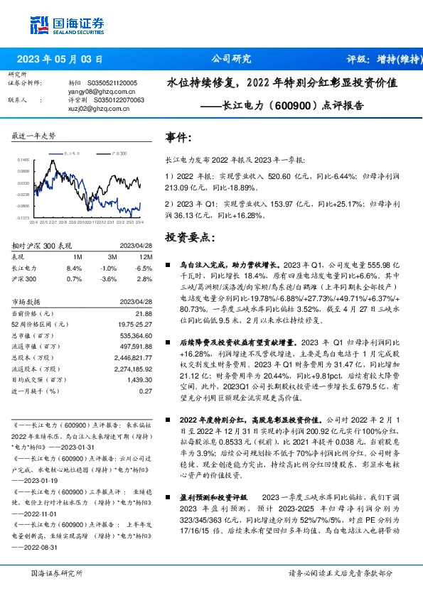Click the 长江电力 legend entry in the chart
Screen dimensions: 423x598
coord(74,153)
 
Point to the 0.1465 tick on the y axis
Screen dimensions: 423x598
coord(24,161)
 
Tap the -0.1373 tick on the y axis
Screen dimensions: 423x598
coord(23,218)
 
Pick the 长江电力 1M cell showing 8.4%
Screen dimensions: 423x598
coord(74,268)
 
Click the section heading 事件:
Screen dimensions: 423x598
coord(178,137)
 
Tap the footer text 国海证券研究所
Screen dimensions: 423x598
coord(54,572)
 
